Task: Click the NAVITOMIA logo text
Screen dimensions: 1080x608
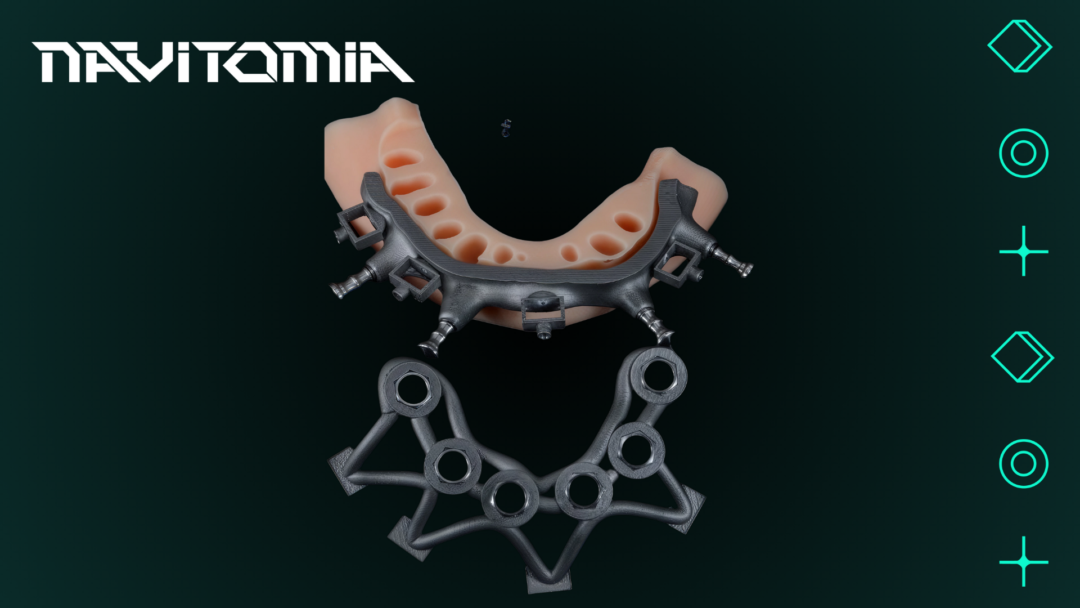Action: (223, 62)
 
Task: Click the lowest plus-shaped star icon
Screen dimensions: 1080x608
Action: (1024, 561)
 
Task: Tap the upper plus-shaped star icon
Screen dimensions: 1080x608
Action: (1024, 251)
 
